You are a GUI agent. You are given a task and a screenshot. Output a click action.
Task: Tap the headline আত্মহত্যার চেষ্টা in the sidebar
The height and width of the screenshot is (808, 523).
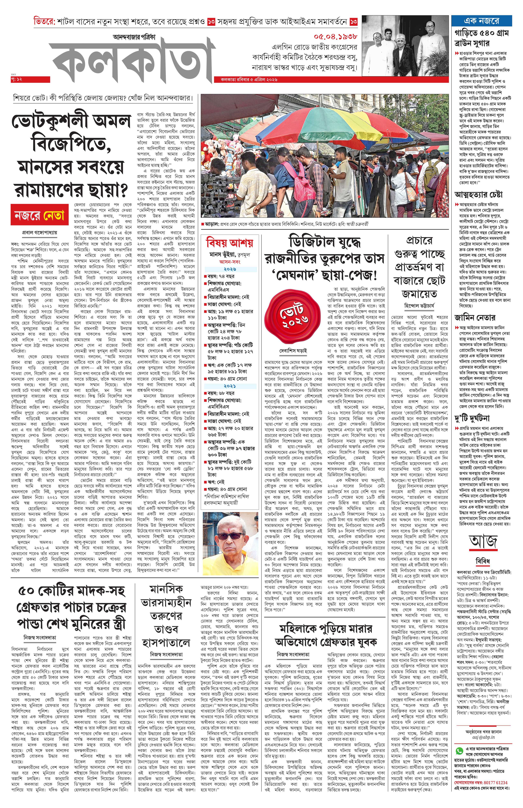pos(478,194)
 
